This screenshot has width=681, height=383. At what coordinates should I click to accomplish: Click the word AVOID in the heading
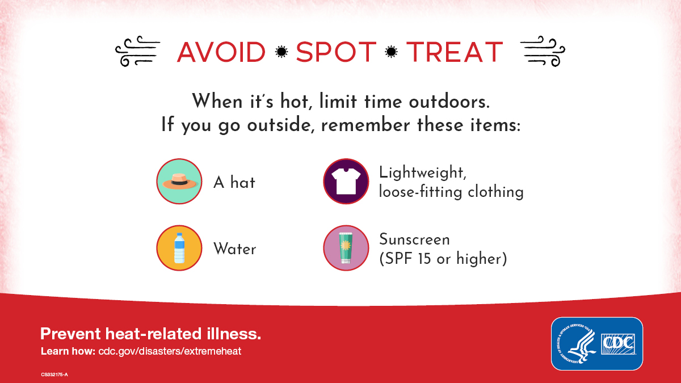[221, 52]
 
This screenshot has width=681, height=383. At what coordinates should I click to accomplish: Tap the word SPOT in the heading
[336, 52]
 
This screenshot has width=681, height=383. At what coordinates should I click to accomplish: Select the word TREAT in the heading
[455, 52]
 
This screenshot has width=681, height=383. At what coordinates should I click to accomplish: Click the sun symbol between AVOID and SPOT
[280, 52]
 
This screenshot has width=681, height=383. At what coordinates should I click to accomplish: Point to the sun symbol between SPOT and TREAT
[391, 52]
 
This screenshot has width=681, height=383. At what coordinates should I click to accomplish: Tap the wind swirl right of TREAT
[542, 52]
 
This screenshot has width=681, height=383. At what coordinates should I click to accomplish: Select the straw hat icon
[179, 182]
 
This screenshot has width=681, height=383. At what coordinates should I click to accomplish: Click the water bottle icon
[179, 248]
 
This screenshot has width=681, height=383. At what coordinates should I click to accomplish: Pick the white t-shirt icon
[346, 182]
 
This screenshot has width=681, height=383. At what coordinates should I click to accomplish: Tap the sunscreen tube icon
[346, 248]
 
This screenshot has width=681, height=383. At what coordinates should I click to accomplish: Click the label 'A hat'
[234, 183]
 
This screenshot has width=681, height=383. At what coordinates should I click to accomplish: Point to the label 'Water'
[234, 249]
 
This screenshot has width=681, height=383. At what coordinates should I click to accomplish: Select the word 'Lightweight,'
[422, 172]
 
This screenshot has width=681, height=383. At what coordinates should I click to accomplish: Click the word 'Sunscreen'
[414, 239]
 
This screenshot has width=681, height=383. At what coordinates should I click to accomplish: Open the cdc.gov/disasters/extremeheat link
[166, 351]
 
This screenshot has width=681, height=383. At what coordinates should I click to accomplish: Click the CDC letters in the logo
[618, 343]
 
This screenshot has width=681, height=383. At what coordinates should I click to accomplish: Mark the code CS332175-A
[54, 375]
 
